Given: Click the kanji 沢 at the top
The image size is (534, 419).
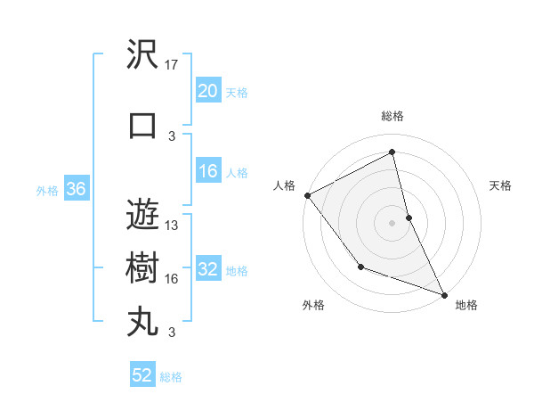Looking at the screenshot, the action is point(142,55).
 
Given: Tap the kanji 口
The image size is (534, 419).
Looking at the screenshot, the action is point(142,126).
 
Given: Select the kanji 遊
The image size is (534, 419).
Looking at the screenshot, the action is point(142,214).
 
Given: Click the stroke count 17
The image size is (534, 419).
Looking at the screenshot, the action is point(173,65).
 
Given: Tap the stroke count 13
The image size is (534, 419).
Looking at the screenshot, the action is point(173,226).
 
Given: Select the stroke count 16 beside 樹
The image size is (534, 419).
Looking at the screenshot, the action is point(173,279).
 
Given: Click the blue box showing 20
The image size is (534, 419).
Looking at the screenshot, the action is point(208,91).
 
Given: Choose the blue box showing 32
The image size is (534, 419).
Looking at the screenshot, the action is point(208,269).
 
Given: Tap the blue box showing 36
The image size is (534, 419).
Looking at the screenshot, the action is point(76,189).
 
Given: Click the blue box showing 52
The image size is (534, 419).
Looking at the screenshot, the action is point(142,375).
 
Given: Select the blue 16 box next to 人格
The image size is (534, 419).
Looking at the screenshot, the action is point(208,171).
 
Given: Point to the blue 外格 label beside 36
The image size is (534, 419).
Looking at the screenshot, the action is point(47,190).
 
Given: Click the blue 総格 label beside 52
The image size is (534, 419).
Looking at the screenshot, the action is point(171,377).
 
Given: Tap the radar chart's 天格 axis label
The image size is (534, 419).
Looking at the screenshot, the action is point(500,185).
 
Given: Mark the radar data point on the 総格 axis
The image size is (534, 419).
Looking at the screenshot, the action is point(392,152).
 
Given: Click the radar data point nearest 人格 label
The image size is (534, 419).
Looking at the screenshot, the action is point(307,194).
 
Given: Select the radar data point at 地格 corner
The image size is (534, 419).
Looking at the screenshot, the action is point(444,294).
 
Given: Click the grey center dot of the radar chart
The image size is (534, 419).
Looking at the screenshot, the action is point(392,223).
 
